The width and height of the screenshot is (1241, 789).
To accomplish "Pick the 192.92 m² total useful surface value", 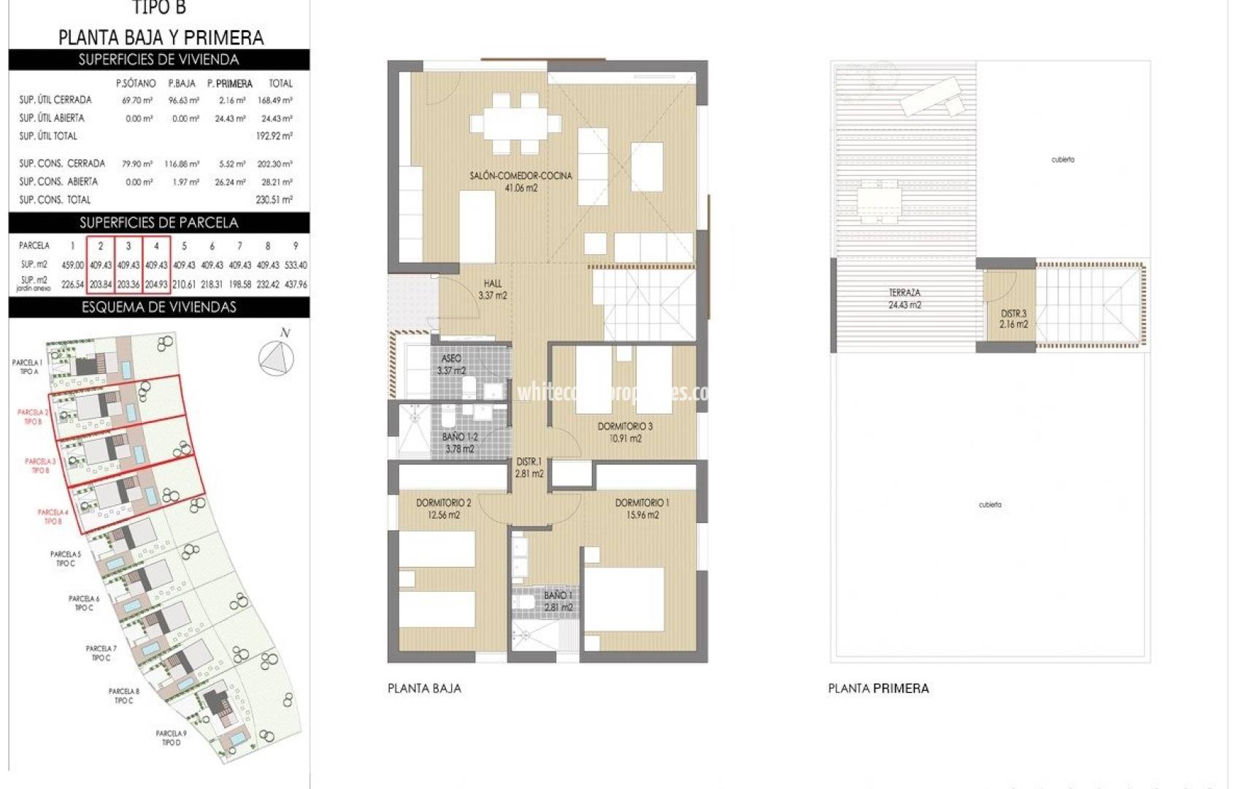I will tap(274, 136).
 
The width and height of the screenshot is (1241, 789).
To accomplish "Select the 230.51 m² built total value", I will tap(274, 199).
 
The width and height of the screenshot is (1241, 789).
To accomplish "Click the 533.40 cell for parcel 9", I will tap(296, 265).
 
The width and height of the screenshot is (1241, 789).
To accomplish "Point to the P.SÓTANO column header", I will tap(136, 83).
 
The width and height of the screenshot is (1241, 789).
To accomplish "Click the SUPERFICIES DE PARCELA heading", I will tap(158, 223).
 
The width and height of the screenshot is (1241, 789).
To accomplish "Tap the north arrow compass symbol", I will tap(277, 357).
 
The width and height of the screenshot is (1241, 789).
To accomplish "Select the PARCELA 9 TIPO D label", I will tap(171, 738).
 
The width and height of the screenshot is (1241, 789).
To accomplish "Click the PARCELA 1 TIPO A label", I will tap(28, 367).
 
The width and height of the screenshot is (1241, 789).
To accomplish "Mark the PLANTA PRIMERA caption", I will tap(878, 688).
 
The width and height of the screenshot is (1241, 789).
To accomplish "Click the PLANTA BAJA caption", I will tap(424, 688).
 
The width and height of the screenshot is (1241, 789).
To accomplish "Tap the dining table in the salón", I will tap(515, 123).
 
